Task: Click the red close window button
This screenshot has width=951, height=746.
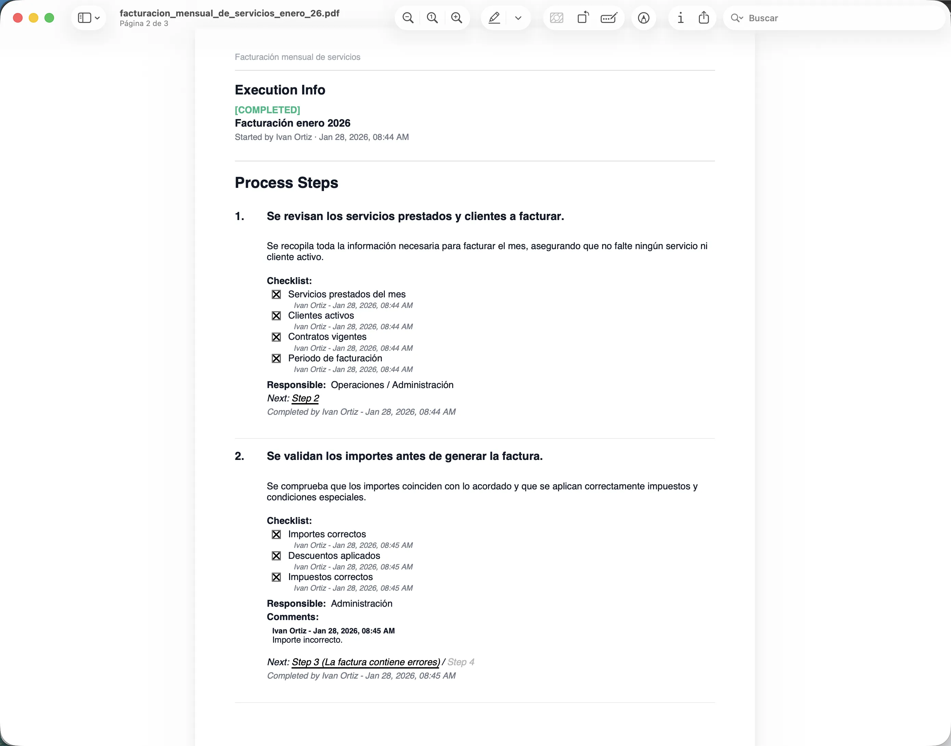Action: [x=18, y=18]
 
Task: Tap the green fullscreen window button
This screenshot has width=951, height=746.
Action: [x=49, y=18]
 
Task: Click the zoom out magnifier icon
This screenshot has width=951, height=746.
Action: [x=408, y=18]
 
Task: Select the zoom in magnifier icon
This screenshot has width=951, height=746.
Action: [x=457, y=18]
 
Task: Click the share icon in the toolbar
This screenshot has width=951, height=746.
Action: [x=703, y=18]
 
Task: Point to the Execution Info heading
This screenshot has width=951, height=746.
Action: [x=280, y=90]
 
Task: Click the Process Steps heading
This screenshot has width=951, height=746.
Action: [x=286, y=183]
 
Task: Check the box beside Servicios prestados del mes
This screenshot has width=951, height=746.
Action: [x=276, y=294]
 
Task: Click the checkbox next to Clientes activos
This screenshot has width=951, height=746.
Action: [x=276, y=316]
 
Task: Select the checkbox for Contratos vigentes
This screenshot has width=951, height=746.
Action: [x=276, y=337]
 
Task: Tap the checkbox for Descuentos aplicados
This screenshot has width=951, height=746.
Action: [x=276, y=556]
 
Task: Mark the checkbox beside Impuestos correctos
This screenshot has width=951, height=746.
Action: [x=276, y=577]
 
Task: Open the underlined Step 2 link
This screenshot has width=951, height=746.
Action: [x=305, y=398]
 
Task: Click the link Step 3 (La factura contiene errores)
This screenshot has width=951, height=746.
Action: [x=365, y=662]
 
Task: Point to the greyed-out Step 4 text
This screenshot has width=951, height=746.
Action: [x=461, y=662]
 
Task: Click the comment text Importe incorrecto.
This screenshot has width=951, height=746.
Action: [x=307, y=640]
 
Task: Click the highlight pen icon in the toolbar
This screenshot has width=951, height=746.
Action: [x=494, y=18]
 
